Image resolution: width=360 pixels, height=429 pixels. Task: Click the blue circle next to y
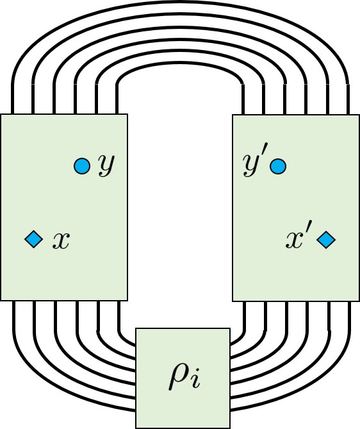click(81, 166)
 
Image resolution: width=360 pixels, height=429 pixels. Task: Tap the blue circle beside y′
click(277, 166)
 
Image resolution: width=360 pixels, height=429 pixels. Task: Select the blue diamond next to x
click(33, 240)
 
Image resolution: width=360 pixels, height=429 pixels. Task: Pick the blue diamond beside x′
click(326, 240)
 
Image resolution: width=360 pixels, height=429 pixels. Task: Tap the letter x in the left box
click(61, 240)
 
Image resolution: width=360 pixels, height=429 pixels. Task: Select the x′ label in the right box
click(298, 239)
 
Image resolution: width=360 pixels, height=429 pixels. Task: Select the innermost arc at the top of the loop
click(180, 72)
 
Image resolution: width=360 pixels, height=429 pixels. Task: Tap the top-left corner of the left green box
click(1, 115)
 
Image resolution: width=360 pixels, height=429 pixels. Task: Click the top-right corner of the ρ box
click(229, 329)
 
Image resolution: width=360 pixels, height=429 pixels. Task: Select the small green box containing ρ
click(183, 378)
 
